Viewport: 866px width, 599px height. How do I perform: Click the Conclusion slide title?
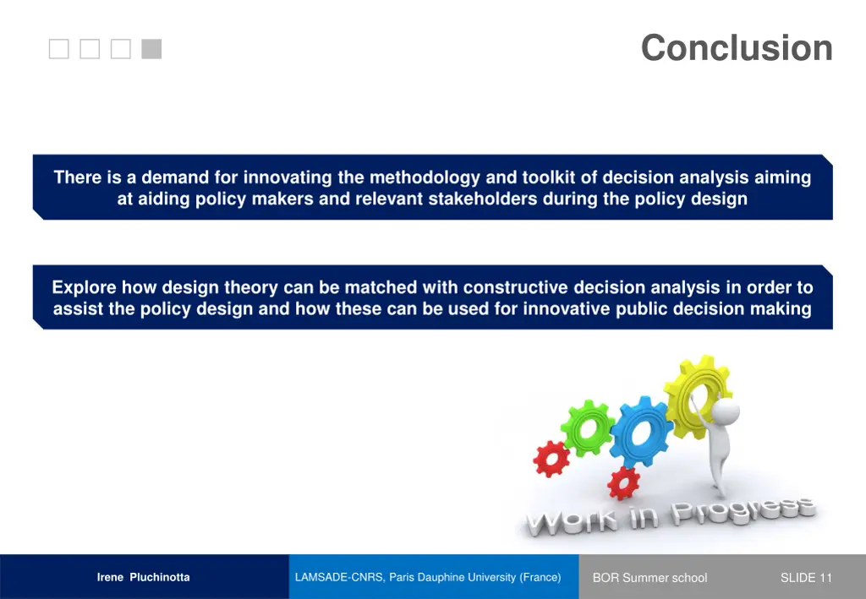click(x=736, y=48)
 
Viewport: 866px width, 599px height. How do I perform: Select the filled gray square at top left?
click(x=151, y=50)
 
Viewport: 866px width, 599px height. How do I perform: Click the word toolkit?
click(x=550, y=178)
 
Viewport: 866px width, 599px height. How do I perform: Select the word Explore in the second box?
click(x=83, y=288)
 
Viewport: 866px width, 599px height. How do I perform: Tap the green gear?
click(x=589, y=427)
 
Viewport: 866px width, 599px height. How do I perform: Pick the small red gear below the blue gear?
click(x=624, y=482)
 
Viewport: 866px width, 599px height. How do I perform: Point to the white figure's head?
click(x=726, y=412)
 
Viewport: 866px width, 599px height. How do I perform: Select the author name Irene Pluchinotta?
click(x=143, y=578)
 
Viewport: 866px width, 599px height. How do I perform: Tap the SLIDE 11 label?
click(x=806, y=578)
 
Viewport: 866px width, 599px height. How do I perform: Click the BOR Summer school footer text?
click(x=649, y=578)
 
